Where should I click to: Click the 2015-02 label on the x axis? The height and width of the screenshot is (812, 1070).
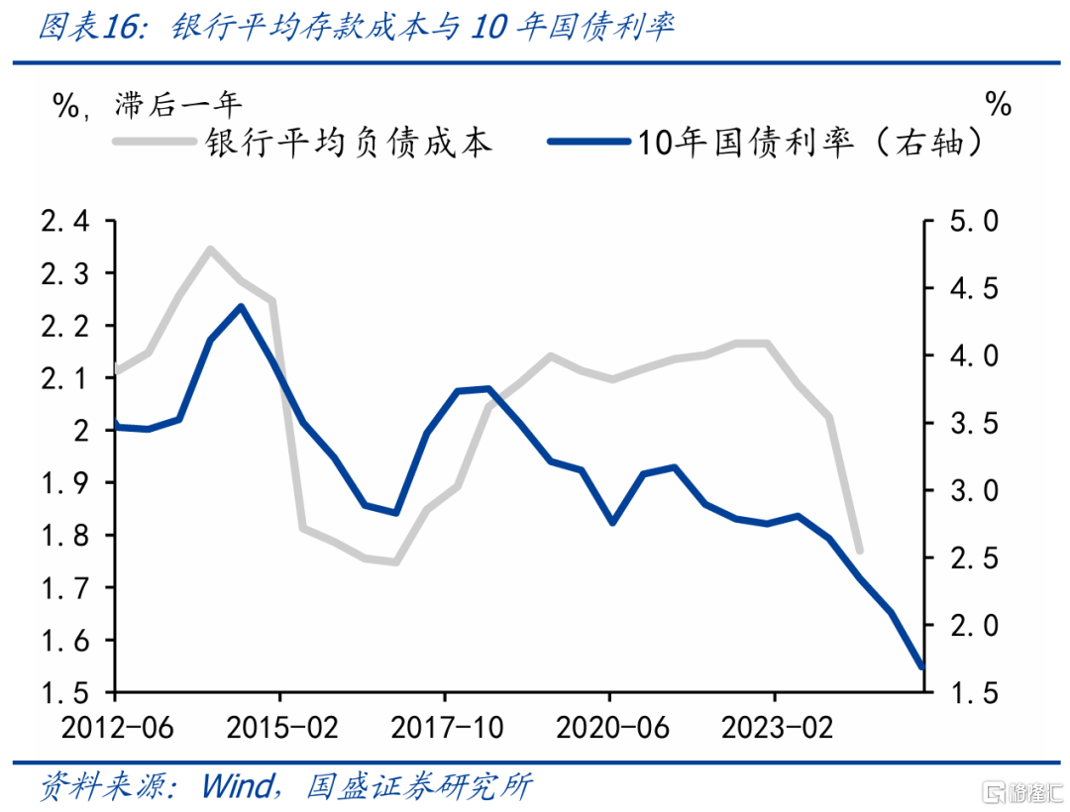281,728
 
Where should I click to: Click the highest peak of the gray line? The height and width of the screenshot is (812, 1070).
210,249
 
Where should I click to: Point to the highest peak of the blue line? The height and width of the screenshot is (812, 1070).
241,306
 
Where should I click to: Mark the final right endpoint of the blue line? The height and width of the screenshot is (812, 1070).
922,666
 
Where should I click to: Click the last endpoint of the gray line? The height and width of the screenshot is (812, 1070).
859,551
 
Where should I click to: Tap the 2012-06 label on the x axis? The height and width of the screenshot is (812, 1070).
117,728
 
